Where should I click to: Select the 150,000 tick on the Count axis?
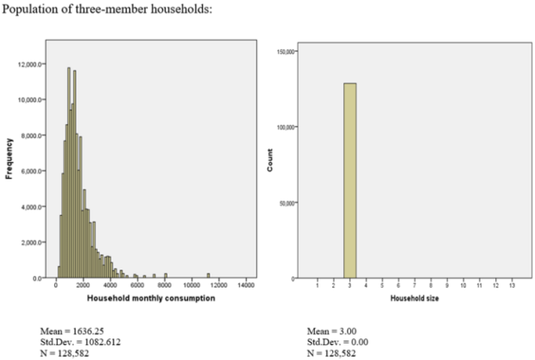pos(286,52)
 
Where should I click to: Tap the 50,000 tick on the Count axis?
pos(287,203)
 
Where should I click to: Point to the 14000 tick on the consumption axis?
pos(244,286)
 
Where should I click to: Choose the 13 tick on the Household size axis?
pos(512,286)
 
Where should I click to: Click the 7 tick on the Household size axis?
pos(415,286)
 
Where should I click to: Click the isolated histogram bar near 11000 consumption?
pos(207,275)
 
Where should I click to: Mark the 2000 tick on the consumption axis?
pos(83,286)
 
